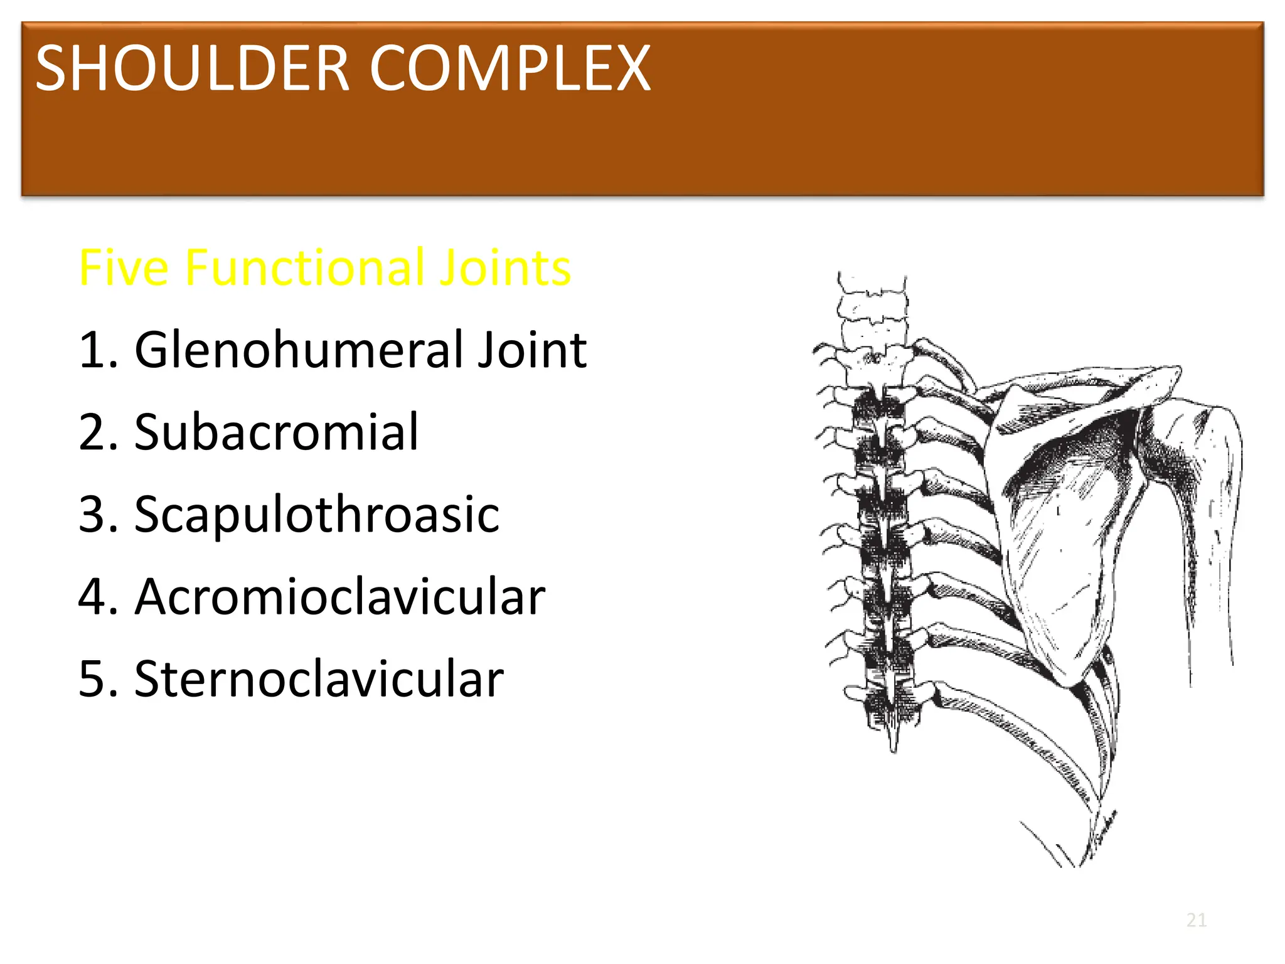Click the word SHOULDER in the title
192,69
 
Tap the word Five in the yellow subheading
124,268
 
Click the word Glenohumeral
300,350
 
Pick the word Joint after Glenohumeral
532,350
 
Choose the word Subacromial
276,432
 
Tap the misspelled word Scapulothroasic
317,515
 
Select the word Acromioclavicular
339,597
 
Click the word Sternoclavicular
319,679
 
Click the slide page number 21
1197,920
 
